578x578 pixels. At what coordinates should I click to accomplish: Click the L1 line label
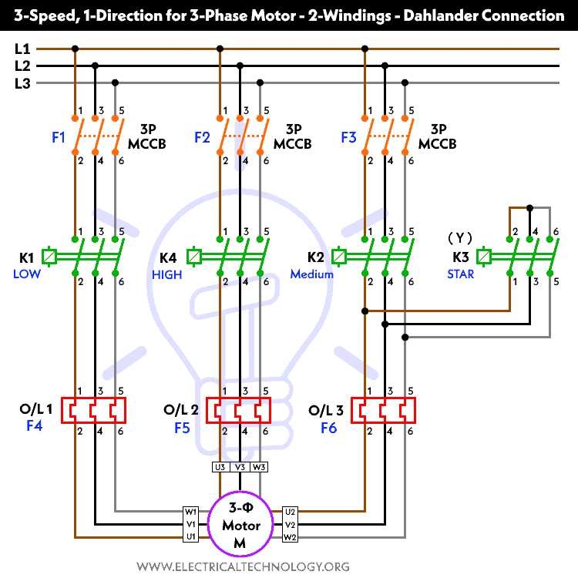tap(22, 49)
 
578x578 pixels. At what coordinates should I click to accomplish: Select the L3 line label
tap(22, 83)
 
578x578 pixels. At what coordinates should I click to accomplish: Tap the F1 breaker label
tap(59, 138)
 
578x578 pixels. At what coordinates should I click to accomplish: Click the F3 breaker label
tap(348, 138)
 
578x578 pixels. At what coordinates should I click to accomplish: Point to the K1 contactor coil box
tap(50, 256)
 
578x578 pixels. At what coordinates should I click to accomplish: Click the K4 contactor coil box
tap(195, 256)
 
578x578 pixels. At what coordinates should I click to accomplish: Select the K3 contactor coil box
tap(485, 256)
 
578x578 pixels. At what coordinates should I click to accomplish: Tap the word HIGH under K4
tap(167, 274)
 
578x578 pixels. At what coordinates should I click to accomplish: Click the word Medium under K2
tap(312, 274)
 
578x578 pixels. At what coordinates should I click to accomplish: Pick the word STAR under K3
tap(461, 274)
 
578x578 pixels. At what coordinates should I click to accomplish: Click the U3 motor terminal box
tap(220, 466)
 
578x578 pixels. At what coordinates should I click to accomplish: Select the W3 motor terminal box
tap(260, 466)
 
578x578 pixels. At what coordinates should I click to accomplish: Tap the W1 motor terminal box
tap(190, 511)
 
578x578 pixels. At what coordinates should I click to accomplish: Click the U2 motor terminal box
tap(291, 511)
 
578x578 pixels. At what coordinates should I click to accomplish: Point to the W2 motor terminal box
tap(291, 537)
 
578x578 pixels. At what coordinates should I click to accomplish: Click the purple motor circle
tap(240, 525)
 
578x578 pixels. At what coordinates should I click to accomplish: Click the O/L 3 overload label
tap(326, 409)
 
